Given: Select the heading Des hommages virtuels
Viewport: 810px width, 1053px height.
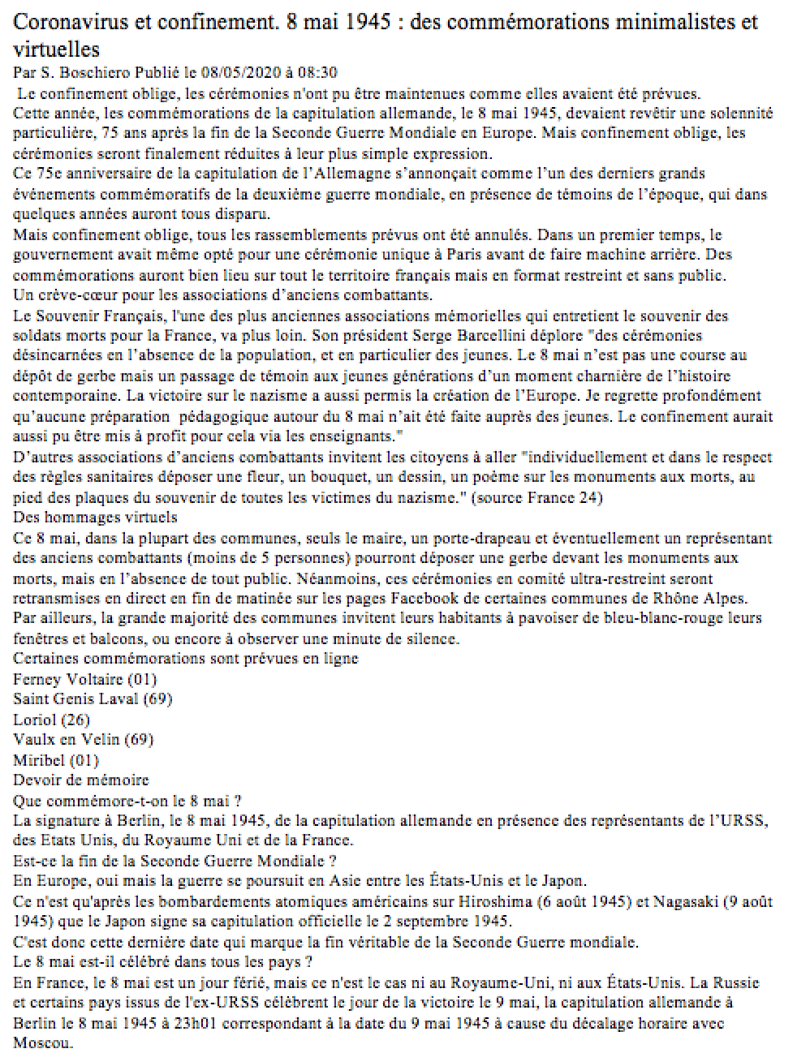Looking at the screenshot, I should [96, 518].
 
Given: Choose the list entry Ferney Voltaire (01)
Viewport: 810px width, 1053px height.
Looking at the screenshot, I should [85, 679].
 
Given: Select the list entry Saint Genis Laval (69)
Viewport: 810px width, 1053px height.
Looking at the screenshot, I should [93, 699].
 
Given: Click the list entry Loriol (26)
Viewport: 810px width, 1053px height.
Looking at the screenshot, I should [52, 720].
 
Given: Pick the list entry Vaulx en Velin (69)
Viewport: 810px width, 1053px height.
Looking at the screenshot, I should [84, 740].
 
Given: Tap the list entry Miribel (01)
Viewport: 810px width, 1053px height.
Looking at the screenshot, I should [56, 760].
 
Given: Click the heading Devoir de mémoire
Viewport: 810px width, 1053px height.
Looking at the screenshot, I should [81, 780].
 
